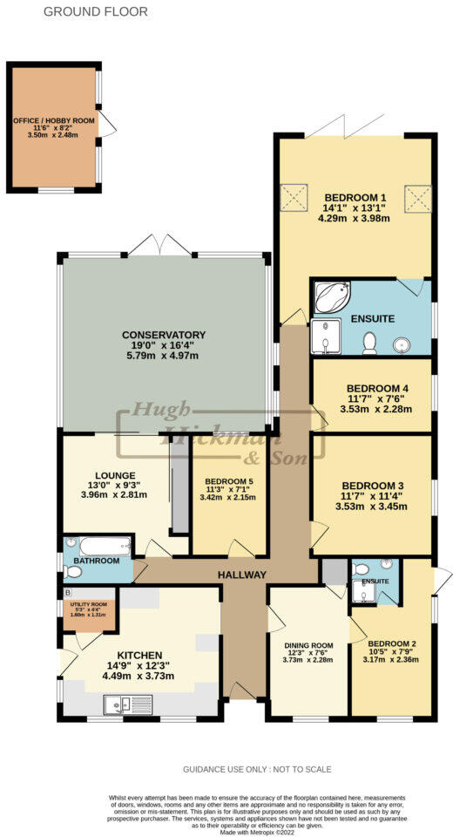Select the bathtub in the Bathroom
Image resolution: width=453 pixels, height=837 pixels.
pyautogui.click(x=98, y=548)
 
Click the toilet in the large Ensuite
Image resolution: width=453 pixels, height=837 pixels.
pyautogui.click(x=369, y=343)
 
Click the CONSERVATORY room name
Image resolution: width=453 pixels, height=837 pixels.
pyautogui.click(x=163, y=335)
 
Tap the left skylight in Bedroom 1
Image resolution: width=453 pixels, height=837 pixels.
pyautogui.click(x=291, y=197)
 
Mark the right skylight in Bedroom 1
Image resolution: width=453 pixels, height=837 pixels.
pyautogui.click(x=419, y=197)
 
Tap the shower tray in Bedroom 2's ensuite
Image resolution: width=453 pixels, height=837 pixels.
pyautogui.click(x=364, y=593)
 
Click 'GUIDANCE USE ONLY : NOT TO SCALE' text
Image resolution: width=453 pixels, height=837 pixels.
pyautogui.click(x=257, y=770)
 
